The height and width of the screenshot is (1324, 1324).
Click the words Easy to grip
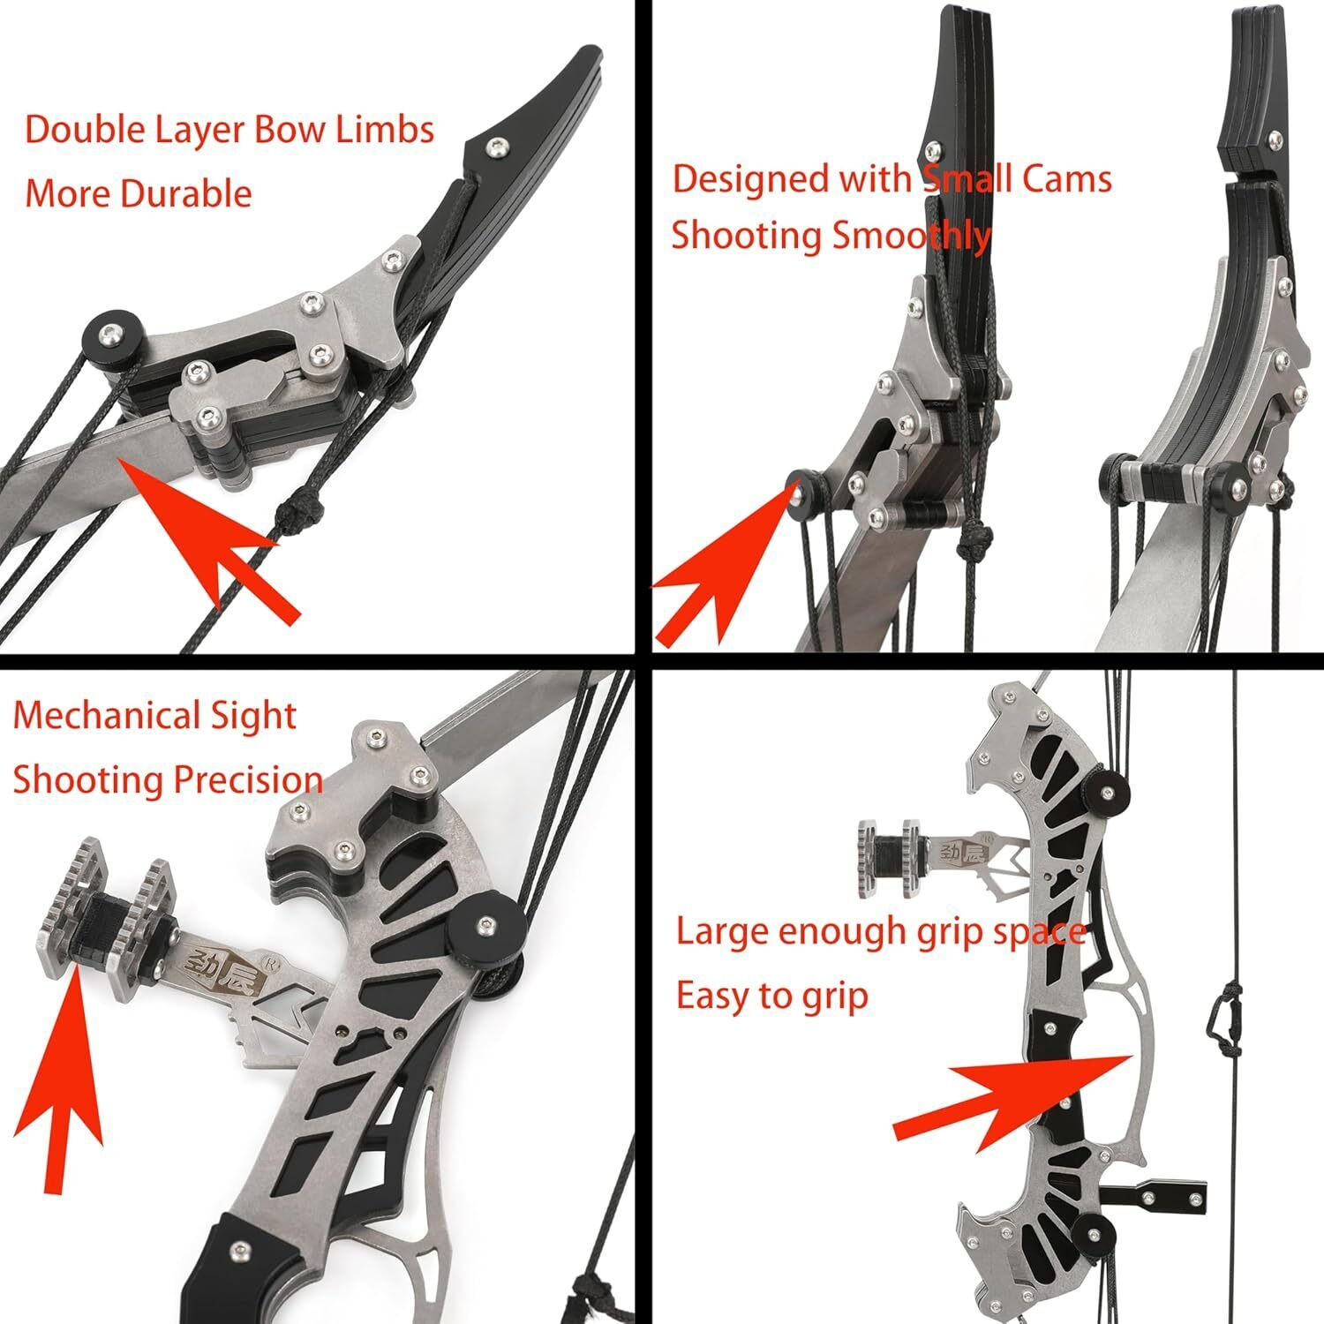(x=771, y=997)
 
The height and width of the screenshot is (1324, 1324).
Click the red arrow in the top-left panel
(x=212, y=538)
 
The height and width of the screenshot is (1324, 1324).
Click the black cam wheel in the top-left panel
(x=105, y=336)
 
